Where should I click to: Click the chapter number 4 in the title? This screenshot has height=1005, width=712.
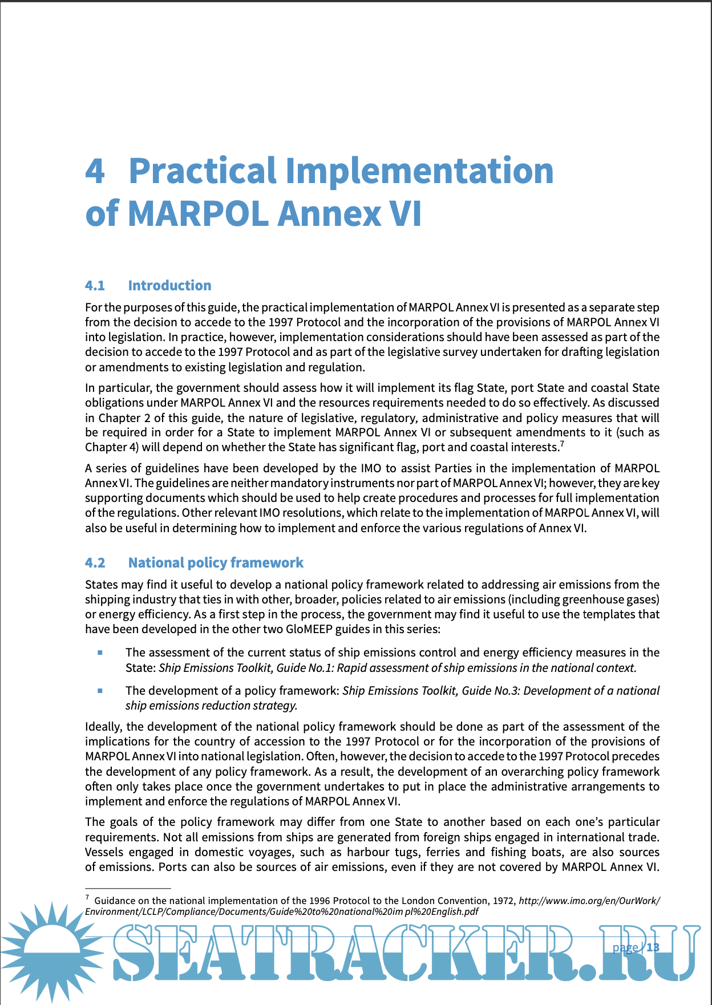(x=95, y=171)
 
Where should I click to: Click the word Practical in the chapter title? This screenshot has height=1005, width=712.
(x=203, y=171)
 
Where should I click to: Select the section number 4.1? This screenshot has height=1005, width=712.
(x=95, y=286)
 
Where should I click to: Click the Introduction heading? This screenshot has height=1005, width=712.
(x=169, y=286)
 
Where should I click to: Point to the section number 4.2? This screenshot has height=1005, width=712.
(x=95, y=563)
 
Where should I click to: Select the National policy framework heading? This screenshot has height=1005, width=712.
(x=216, y=563)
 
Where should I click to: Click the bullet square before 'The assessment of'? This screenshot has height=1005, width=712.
(x=100, y=653)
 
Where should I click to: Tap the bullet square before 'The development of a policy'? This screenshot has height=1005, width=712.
(x=100, y=691)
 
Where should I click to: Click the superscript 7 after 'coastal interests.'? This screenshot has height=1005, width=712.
(x=562, y=444)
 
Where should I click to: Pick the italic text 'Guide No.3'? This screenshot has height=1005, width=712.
(x=490, y=691)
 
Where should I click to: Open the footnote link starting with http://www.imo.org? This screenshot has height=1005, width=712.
(x=589, y=901)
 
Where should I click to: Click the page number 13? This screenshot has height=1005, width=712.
(x=653, y=947)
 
